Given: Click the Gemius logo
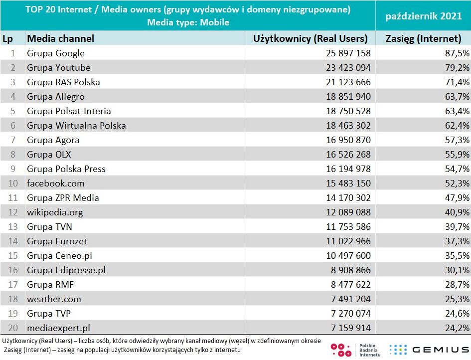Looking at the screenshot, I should tap(429, 350).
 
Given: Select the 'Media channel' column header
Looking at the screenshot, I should tap(60, 38).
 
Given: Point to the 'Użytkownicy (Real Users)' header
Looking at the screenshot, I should tap(310, 38).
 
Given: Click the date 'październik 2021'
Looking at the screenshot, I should tap(423, 16).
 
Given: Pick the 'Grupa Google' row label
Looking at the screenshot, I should tap(56, 53).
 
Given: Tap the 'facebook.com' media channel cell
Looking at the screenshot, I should tap(56, 183).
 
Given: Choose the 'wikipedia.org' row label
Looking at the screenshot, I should tap(55, 212).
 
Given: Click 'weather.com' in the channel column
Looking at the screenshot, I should tap(54, 299).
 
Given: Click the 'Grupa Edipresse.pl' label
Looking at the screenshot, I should tap(66, 270).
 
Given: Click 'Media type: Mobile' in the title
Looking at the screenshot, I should tap(188, 22).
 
